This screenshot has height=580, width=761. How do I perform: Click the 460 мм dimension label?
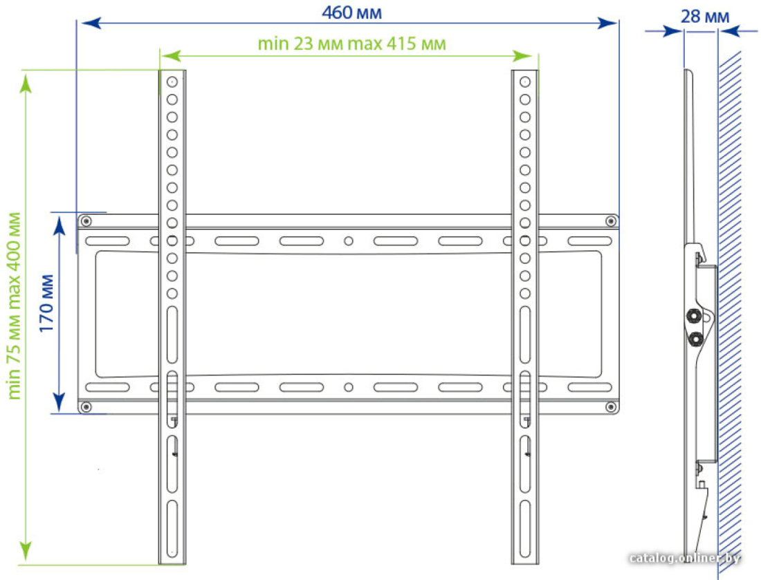(352, 12)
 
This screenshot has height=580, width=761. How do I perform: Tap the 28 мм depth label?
(705, 17)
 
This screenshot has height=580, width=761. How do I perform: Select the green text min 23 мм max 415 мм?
(351, 44)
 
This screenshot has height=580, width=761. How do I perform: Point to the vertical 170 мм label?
(46, 303)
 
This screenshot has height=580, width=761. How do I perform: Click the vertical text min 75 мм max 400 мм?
(14, 306)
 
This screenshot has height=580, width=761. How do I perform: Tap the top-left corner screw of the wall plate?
(86, 222)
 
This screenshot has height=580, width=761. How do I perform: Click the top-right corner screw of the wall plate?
(611, 222)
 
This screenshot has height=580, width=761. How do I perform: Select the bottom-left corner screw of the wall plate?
(86, 407)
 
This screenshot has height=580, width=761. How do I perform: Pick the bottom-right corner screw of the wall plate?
(611, 407)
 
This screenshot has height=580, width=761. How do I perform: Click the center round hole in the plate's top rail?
(349, 241)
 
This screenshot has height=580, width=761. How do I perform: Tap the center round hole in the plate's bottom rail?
(349, 388)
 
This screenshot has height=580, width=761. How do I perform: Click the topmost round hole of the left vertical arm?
(172, 82)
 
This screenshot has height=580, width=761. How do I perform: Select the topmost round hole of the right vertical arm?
(525, 82)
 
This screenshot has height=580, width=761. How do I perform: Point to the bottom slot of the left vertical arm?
(172, 529)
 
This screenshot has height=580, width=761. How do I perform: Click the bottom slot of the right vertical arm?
(525, 529)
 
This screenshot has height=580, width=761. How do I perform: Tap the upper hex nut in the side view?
(695, 317)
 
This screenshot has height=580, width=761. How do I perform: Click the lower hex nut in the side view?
(695, 339)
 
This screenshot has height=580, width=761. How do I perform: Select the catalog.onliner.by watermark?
(685, 558)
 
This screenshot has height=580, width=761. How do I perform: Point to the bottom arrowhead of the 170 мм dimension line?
(59, 402)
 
